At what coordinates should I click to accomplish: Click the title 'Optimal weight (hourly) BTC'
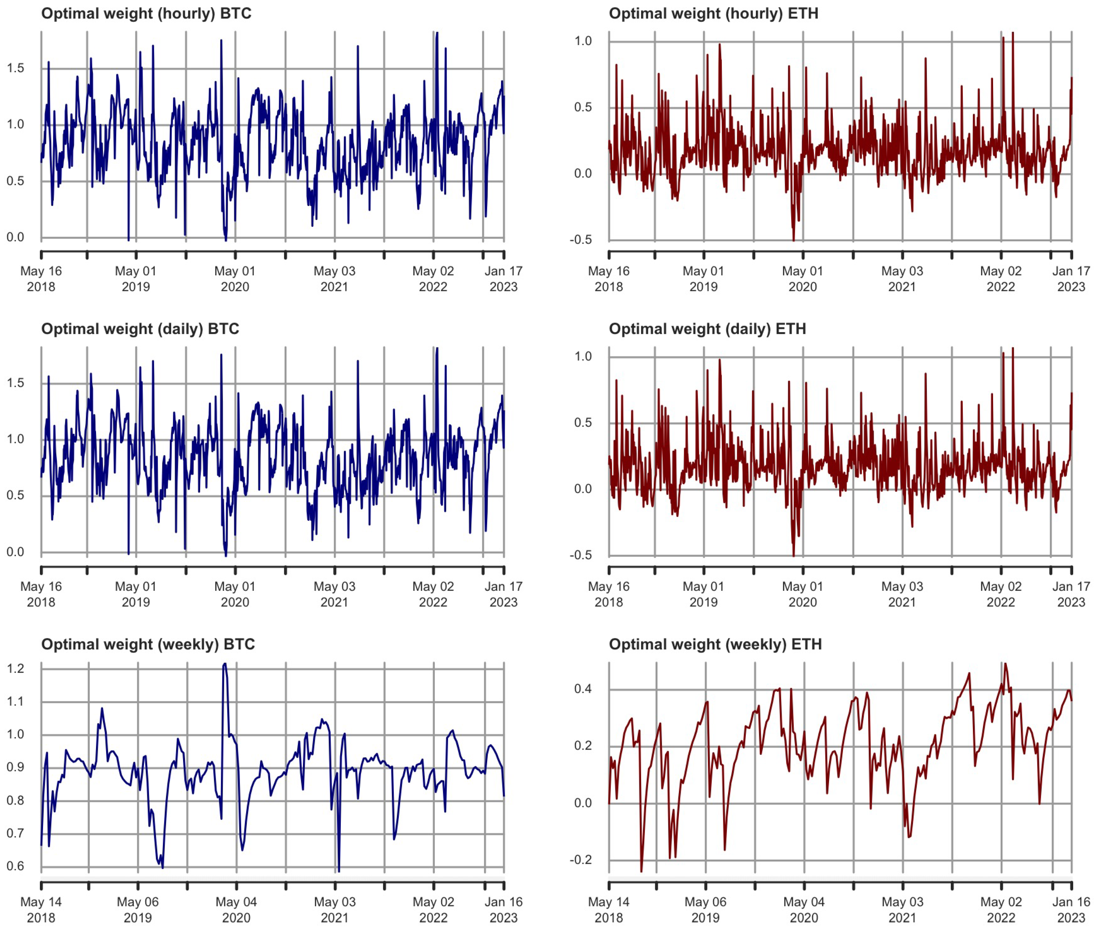coord(146,13)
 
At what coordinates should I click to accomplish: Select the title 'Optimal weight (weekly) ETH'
coord(715,644)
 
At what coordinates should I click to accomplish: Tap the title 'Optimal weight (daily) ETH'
coord(707,329)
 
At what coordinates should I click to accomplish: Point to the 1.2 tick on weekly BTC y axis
coord(16,669)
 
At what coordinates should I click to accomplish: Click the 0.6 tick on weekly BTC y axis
coord(16,866)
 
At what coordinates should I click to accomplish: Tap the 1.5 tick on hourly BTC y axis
coord(16,68)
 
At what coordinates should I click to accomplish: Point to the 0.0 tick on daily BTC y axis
coord(16,552)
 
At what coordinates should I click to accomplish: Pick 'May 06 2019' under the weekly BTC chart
coord(137,910)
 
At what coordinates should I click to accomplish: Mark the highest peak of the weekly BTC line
coord(225,664)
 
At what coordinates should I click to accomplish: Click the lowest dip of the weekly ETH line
coord(641,871)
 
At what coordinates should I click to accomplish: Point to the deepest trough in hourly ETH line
coord(793,241)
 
